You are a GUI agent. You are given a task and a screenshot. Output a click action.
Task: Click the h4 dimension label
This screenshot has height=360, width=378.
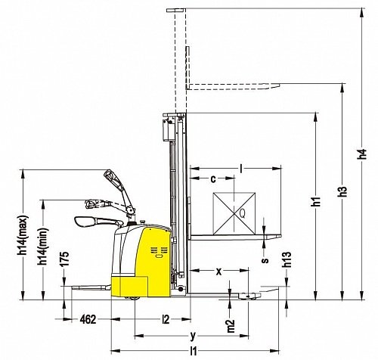point(362,154)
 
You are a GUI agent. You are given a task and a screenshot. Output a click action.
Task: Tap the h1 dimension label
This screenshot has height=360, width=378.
point(316,201)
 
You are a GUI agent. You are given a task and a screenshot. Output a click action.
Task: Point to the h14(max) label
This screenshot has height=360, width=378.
point(23,235)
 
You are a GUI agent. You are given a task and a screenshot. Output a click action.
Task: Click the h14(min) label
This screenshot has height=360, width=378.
point(43,247)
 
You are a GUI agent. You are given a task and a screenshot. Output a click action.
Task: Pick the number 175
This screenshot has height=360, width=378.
point(64,259)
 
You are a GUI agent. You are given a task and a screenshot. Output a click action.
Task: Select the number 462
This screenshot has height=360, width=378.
point(88,319)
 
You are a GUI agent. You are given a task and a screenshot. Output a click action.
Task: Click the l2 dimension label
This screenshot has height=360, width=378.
point(166,319)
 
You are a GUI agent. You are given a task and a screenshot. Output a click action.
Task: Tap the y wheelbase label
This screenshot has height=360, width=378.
point(193,336)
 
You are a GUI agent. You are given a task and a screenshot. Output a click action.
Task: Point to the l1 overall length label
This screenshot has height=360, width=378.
point(194,351)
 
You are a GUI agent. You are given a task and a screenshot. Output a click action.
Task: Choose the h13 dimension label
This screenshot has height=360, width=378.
point(287,259)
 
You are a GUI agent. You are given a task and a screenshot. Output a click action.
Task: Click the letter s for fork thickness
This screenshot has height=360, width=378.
point(265,259)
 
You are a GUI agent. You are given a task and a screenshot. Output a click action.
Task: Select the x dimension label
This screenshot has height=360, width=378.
point(219,272)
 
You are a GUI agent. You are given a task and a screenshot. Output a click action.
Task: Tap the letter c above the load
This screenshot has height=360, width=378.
point(213,179)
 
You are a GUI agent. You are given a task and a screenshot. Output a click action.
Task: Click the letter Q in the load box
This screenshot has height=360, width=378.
point(243,214)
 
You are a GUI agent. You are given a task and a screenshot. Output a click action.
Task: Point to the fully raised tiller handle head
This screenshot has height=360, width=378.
point(110,176)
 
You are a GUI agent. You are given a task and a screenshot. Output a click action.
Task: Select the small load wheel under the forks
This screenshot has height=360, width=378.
point(249,296)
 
